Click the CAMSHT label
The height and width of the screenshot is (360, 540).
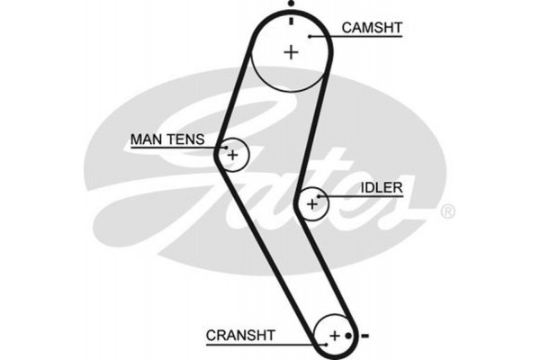click(x=371, y=28)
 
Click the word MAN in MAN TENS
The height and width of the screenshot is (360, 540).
click(x=147, y=139)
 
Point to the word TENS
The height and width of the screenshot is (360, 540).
click(x=186, y=139)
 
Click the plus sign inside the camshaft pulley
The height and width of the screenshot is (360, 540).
click(x=290, y=51)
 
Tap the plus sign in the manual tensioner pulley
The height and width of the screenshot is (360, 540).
click(x=233, y=156)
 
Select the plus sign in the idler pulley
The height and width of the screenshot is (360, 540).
click(x=312, y=204)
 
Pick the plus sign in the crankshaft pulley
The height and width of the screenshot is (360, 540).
click(x=335, y=336)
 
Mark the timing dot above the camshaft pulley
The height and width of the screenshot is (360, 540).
click(x=291, y=4)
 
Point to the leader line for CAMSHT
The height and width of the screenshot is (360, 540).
click(x=324, y=36)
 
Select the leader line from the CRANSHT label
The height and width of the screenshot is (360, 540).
click(x=296, y=341)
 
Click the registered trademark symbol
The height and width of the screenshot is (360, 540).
click(x=447, y=212)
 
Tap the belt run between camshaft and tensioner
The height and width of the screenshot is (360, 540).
click(x=238, y=99)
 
